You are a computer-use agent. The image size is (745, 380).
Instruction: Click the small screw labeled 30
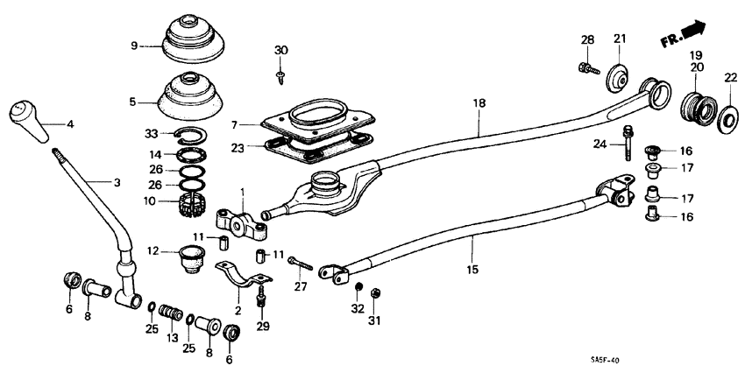(280, 78)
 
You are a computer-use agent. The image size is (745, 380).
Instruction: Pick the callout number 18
(479, 103)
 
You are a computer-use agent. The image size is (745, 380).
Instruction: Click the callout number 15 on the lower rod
(472, 270)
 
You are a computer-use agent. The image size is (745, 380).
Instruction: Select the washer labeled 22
(727, 118)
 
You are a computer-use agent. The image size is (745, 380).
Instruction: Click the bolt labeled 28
(586, 67)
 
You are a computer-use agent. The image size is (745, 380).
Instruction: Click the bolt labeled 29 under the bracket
(261, 299)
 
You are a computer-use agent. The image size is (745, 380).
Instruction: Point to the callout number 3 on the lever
(117, 183)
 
